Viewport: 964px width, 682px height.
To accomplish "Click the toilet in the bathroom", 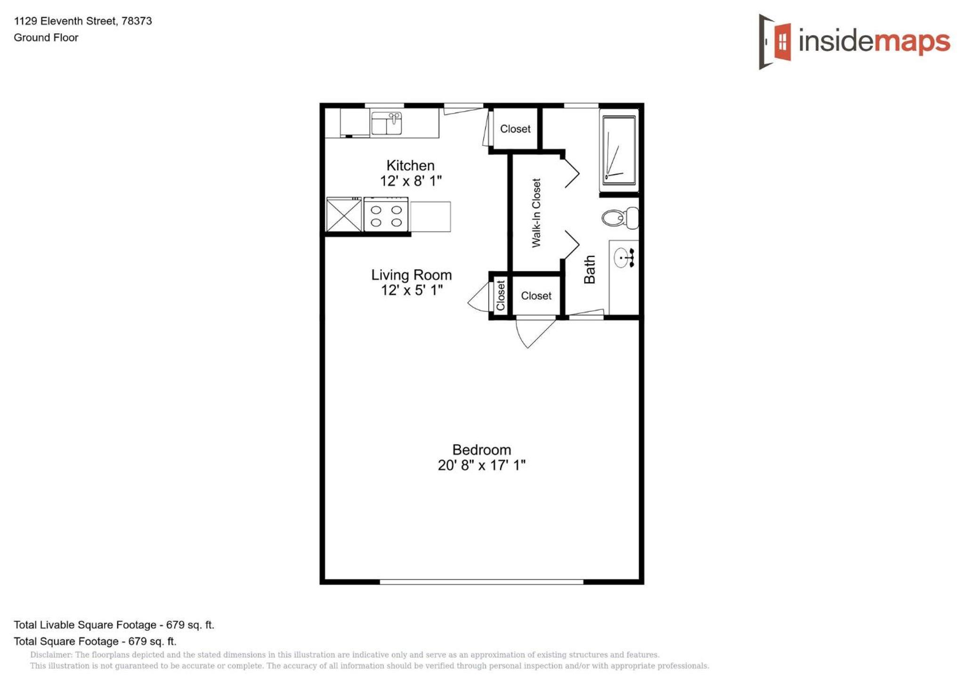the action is pos(620,218).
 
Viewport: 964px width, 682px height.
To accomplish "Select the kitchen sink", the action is pos(386,123).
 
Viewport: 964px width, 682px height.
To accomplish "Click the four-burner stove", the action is pos(386,215).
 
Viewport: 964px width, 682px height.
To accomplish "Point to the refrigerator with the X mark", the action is pos(344,215).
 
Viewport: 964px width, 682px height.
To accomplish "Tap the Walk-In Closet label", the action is pos(536,213).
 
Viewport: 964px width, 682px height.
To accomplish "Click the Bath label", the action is pos(590,269).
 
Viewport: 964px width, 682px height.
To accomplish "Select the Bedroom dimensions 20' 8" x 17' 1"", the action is pos(481,465).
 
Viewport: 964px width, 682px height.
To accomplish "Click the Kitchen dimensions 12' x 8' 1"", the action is pos(411,181).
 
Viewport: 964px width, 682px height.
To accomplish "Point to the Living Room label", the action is pos(411,275).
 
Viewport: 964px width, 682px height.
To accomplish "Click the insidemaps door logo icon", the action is pos(774,41).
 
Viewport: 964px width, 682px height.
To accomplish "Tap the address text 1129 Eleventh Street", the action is pos(65,21).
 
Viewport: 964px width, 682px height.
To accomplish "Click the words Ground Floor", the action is pos(46,38).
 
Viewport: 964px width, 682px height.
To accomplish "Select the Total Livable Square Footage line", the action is pos(114,625).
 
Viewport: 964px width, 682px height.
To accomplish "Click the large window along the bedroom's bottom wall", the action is pos(481,582).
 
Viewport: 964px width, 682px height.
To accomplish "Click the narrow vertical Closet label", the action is pos(501,295).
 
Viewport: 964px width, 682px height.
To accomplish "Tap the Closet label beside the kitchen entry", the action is pos(515,129).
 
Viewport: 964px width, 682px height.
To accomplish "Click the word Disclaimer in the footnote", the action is pos(51,655).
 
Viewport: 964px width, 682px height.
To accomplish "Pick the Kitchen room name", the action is pos(410,165).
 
